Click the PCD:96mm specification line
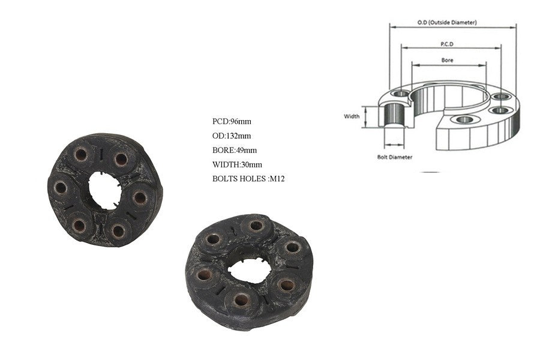232,121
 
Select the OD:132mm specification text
232,136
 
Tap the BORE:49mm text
235,150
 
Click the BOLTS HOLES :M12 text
248,179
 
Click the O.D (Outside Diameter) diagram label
447,22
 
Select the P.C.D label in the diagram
447,44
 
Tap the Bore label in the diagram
448,60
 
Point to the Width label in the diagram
352,116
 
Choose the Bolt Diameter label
395,157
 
